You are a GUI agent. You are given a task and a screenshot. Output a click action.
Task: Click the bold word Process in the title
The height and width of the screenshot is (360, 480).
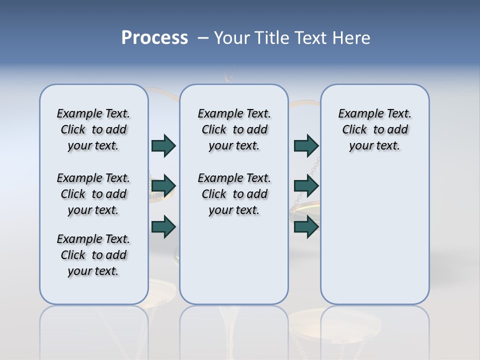154,37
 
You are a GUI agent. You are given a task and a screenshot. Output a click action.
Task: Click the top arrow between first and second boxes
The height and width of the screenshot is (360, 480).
163,145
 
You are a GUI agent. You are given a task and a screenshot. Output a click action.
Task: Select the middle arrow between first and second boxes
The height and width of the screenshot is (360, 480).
163,186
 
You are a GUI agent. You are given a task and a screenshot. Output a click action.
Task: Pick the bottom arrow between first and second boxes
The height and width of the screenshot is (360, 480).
163,226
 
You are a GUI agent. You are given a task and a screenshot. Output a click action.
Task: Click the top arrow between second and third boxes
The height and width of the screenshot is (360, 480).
306,145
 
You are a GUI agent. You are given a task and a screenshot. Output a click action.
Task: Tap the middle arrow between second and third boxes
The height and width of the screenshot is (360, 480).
306,186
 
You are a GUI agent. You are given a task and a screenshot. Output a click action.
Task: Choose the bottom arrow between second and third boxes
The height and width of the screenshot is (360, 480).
306,226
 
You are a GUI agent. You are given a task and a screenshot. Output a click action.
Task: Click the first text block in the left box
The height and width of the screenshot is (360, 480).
93,129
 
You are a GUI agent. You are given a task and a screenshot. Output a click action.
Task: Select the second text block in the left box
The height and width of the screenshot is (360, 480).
93,194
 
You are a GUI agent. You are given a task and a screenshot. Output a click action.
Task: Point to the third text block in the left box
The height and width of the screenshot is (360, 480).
93,255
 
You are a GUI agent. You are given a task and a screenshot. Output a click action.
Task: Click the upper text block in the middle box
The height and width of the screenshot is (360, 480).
234,129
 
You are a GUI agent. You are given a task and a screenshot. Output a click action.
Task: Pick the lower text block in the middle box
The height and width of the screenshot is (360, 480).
234,194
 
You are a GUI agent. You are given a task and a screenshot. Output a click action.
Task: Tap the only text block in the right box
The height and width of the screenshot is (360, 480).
374,129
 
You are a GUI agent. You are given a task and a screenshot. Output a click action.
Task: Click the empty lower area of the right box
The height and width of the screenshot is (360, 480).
374,235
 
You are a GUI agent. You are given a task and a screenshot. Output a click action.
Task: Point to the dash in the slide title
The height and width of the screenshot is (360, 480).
203,37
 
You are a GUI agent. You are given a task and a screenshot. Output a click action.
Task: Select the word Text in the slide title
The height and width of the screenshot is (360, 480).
311,37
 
